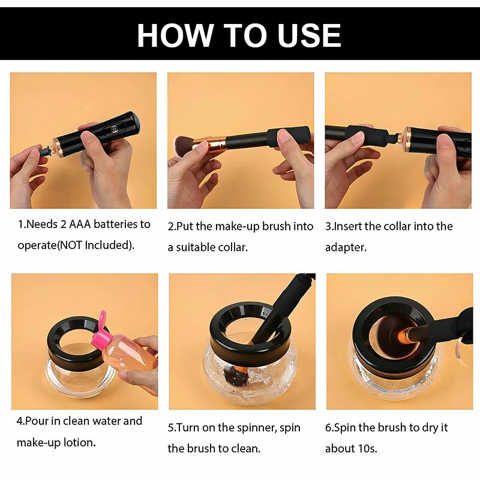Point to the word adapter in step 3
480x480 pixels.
tap(346, 247)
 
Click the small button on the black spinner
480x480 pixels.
tap(112, 128)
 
